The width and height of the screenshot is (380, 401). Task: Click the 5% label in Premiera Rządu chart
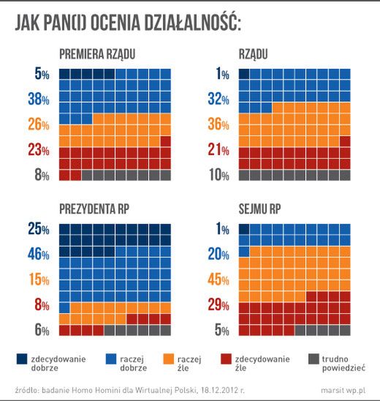click(41, 74)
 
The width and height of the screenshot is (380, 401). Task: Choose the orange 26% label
click(38, 124)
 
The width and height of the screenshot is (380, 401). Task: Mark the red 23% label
click(38, 151)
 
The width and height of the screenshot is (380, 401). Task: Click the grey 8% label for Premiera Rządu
click(41, 176)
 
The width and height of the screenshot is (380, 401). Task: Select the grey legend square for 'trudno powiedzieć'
click(313, 359)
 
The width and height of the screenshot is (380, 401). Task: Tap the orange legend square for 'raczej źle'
click(168, 359)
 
